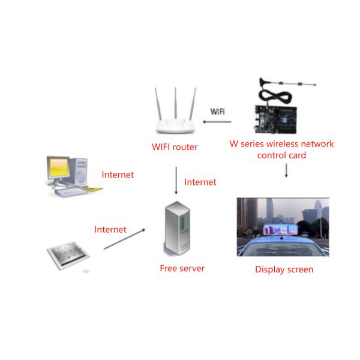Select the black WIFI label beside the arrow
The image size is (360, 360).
coord(217,112)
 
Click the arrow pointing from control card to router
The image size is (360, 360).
coord(217,123)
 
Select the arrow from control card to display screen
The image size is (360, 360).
coord(286,170)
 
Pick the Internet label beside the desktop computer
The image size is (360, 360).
coord(118,175)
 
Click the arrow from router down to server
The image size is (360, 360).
coord(175,180)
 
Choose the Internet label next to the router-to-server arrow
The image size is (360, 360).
coord(200,182)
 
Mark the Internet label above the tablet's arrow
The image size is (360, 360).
coord(110,229)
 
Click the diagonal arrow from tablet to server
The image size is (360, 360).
coord(124,239)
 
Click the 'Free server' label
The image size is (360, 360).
coord(182,268)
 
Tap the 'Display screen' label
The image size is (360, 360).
coord(284,269)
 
